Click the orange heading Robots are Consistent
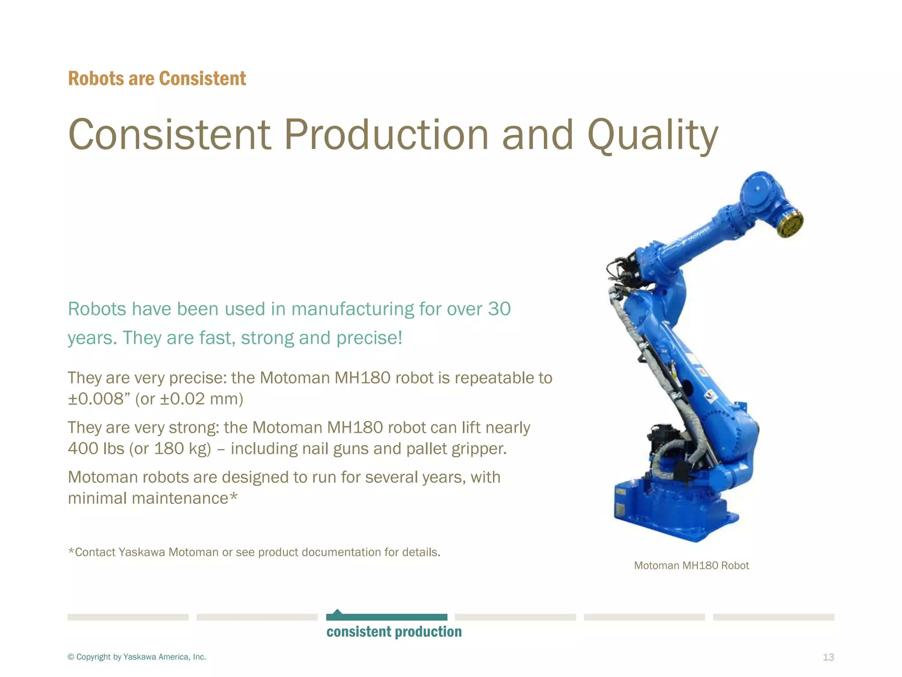[157, 79]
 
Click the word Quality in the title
[653, 135]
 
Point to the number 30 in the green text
[499, 309]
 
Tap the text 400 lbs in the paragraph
[96, 449]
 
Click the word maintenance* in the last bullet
[185, 498]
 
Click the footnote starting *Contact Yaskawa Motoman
[254, 552]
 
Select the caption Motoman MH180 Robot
[691, 565]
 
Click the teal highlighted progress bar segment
[387, 617]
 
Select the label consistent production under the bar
[394, 632]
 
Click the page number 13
[828, 657]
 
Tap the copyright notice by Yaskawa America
[137, 657]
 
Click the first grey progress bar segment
[128, 617]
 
